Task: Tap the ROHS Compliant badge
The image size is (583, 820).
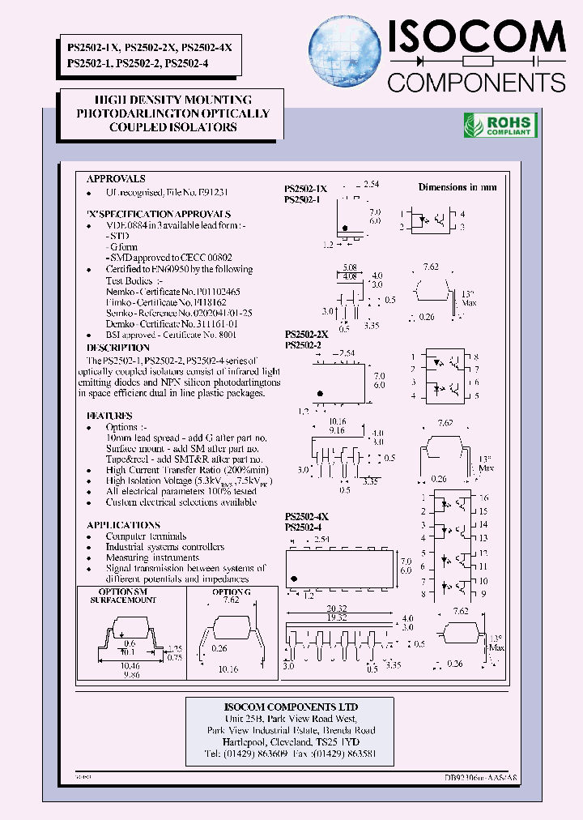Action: (x=500, y=125)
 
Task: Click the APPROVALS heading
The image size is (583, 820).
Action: (x=116, y=178)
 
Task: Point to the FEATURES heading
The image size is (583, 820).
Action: (x=109, y=416)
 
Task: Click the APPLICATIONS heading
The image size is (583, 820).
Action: (x=123, y=525)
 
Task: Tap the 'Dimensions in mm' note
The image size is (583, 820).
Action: (x=457, y=187)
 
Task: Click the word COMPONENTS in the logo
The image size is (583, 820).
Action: (x=476, y=82)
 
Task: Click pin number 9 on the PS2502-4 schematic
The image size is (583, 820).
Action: (x=483, y=594)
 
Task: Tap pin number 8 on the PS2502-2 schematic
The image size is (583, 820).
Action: (x=476, y=357)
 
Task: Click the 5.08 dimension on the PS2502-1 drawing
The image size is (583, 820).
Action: (x=350, y=267)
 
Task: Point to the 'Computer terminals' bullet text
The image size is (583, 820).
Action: (x=146, y=536)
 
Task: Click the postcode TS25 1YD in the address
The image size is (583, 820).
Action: (x=338, y=741)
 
